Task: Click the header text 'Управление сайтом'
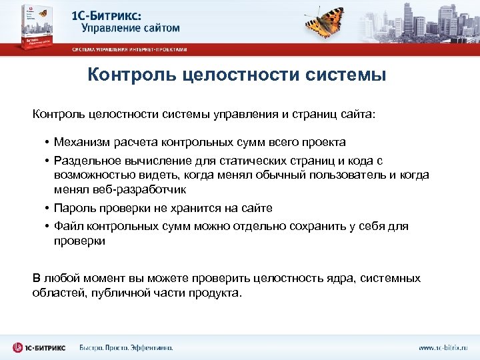point(131,28)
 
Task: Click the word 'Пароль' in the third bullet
point(71,208)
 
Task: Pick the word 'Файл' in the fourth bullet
point(66,227)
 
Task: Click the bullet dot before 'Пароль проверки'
point(48,208)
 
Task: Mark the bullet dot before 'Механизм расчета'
point(48,142)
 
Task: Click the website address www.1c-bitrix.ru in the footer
point(443,347)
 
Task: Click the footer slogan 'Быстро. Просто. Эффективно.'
point(126,347)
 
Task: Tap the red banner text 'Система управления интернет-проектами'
point(130,49)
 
